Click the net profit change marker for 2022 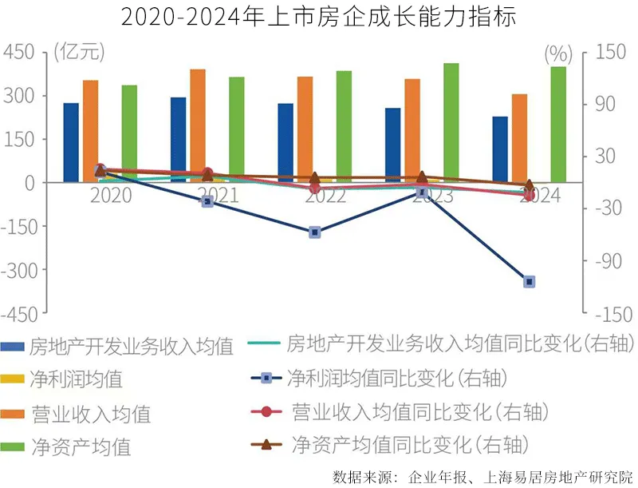pos(315,232)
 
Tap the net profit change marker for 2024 pos(530,282)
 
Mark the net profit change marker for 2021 pos(207,201)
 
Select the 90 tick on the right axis pos(603,105)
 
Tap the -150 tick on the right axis pos(609,315)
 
